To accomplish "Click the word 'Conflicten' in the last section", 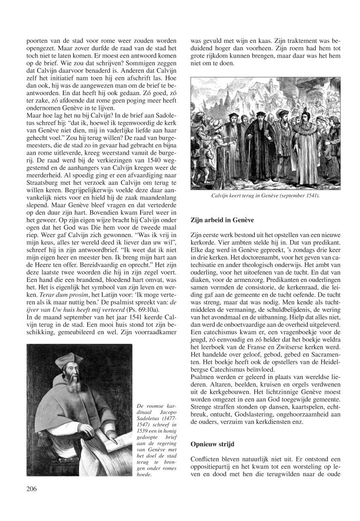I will (x=206, y=459).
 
